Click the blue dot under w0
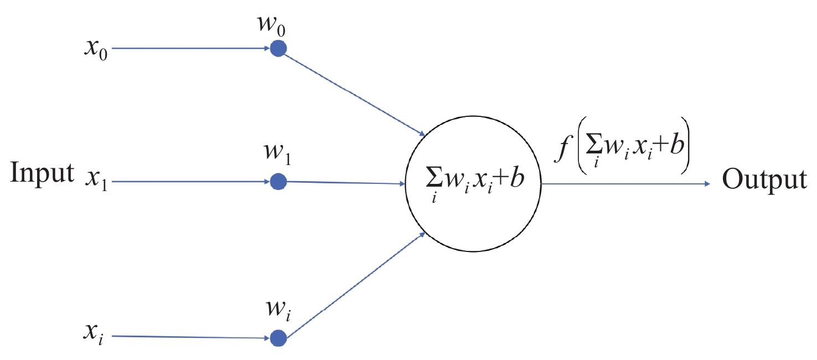[x=278, y=49]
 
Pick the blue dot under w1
[x=278, y=181]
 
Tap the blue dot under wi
[x=278, y=338]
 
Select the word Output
[x=764, y=181]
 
